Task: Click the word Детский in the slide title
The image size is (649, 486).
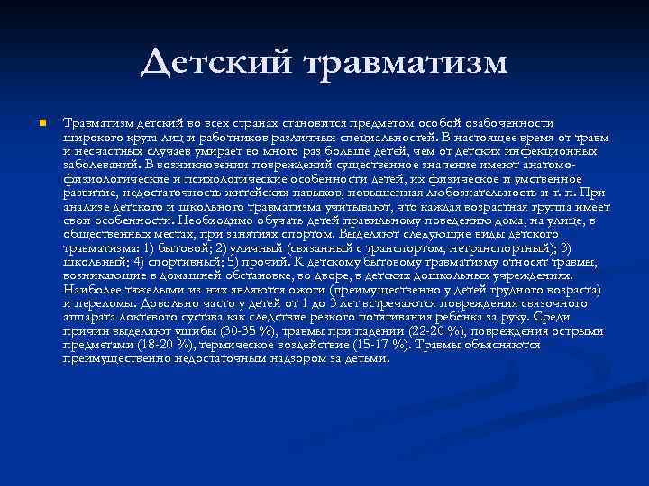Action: click(216, 62)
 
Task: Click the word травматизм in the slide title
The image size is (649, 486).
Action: click(407, 64)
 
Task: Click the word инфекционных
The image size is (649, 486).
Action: click(567, 151)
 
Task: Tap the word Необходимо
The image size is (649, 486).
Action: click(213, 220)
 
